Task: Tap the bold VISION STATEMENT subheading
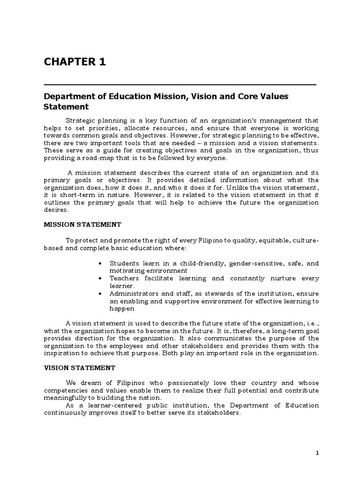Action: tap(79, 368)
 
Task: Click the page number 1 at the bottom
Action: tap(318, 453)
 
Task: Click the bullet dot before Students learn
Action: tap(100, 263)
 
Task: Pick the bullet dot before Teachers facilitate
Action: tap(100, 278)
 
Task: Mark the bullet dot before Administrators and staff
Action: tap(100, 294)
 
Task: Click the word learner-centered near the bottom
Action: tap(102, 405)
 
